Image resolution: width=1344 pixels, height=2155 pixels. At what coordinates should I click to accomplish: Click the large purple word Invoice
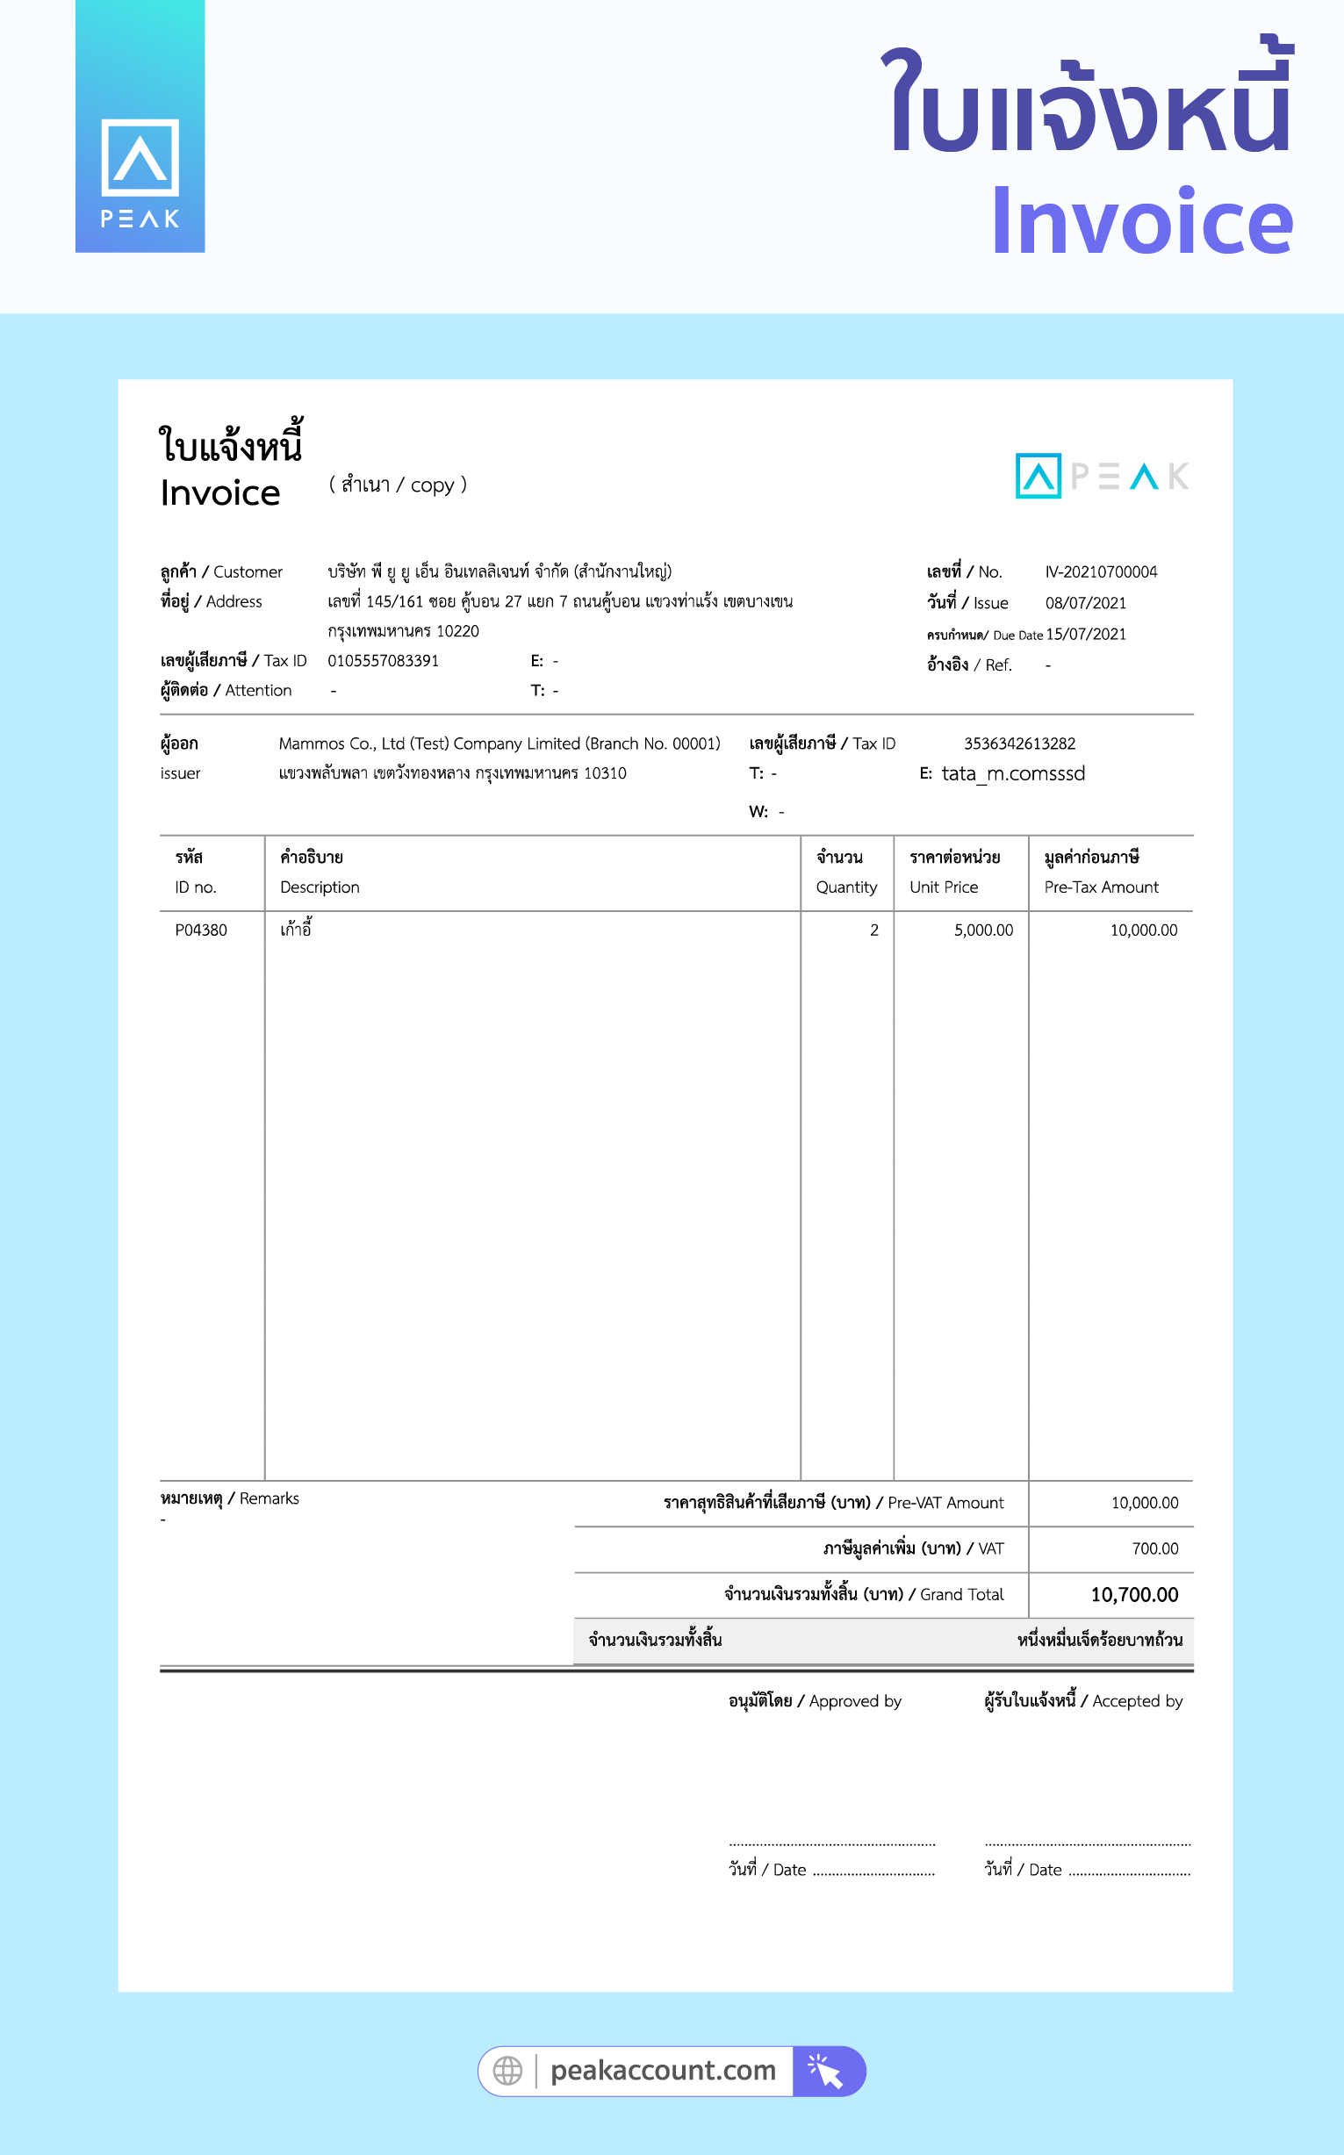pos(1141,222)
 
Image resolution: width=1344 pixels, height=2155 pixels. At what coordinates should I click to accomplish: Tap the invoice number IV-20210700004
pos(1101,571)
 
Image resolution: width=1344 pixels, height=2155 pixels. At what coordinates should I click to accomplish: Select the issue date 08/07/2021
pos(1084,602)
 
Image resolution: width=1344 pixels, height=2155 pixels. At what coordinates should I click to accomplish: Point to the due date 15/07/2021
pos(1085,634)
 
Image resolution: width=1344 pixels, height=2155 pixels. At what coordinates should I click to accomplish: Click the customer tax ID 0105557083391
pos(382,660)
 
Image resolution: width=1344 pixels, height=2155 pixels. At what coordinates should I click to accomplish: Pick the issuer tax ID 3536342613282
pos(1018,743)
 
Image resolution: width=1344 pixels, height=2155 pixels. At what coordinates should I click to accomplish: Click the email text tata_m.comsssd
pos(1012,773)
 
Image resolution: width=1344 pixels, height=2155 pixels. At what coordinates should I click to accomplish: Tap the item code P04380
pos(201,930)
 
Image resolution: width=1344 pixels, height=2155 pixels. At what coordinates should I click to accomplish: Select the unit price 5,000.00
pos(982,930)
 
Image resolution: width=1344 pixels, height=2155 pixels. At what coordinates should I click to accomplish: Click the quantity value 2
pos(873,930)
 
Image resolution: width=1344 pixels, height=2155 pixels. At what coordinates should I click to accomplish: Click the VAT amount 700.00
pos(1154,1549)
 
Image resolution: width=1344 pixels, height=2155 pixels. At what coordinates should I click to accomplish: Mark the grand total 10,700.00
pos(1133,1594)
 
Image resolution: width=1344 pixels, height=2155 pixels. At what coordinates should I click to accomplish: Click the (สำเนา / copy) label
pos(398,485)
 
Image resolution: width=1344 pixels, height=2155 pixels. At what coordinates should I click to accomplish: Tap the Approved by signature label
pos(815,1701)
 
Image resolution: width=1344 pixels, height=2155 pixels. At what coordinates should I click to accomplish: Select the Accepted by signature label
pos(1082,1701)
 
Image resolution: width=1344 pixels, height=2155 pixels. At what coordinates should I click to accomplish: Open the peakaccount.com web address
pos(662,2071)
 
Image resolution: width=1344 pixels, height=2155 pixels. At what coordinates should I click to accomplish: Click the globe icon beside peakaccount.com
pos(507,2071)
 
